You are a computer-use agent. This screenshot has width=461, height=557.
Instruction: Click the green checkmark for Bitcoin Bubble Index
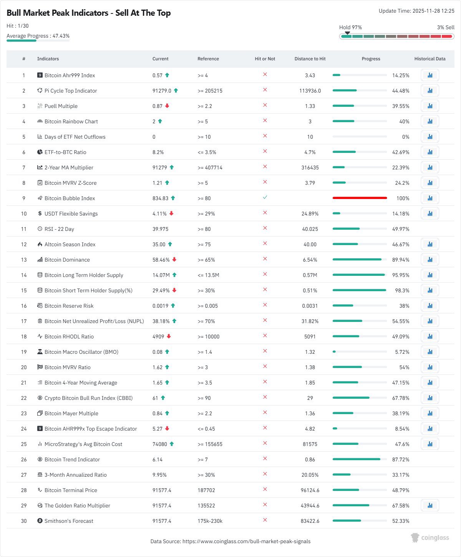pos(265,197)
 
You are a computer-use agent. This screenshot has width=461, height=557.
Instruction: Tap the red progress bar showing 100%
pos(360,198)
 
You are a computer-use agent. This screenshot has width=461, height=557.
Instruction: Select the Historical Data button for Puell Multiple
pos(430,106)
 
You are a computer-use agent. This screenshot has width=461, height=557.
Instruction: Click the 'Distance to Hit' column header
pos(310,59)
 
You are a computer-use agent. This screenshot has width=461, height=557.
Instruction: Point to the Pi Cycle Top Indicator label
pos(71,91)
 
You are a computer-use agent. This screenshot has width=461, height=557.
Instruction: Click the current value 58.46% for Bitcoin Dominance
pos(161,260)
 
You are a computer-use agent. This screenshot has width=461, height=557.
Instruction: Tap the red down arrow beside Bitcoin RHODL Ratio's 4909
pos(169,336)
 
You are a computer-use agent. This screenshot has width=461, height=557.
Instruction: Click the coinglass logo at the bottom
pos(430,537)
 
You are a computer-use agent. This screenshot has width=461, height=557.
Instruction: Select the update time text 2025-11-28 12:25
pos(433,11)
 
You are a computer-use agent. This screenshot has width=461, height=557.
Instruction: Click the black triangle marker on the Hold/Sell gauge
pos(347,33)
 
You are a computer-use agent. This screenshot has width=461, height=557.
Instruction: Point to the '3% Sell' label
pos(446,27)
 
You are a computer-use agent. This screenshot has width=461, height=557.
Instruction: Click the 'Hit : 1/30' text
pos(18,26)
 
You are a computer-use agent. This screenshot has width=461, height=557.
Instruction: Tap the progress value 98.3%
pos(402,290)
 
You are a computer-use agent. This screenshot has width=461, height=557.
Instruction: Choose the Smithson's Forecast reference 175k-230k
pos(210,521)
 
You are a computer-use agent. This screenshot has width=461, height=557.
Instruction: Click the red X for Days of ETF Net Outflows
pos(265,136)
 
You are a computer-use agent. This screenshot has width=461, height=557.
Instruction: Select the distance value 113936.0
pos(310,91)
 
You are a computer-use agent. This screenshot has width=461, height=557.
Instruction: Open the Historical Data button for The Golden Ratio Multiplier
pos(430,506)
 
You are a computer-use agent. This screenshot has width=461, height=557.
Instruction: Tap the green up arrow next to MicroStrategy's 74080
pos(172,444)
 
